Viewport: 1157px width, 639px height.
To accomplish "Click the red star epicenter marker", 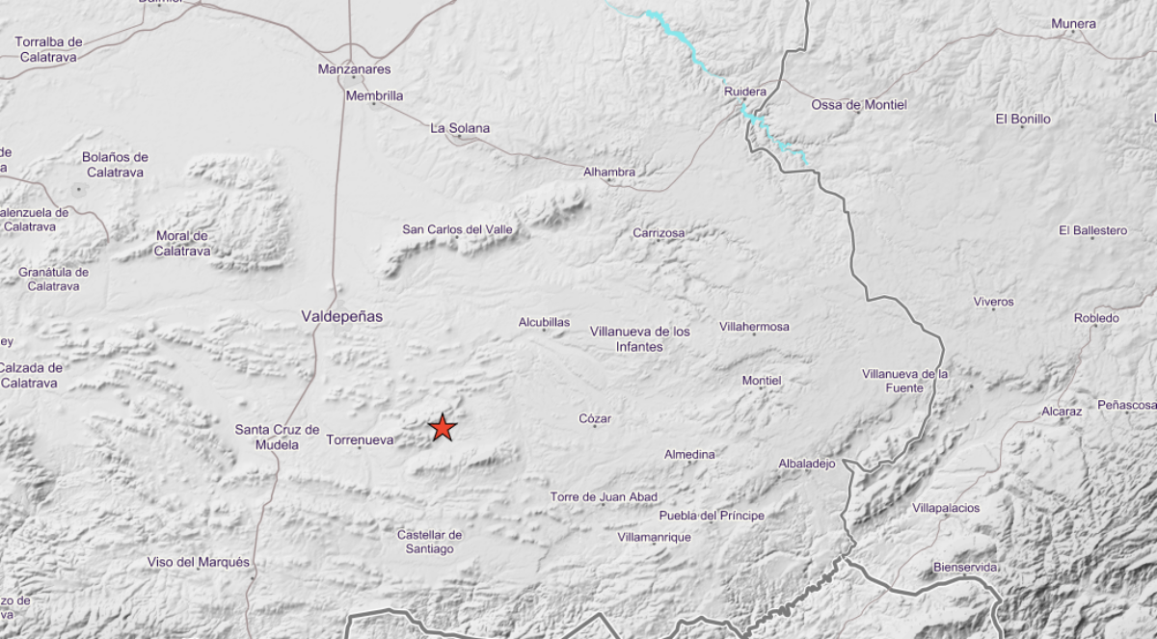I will coord(443,427).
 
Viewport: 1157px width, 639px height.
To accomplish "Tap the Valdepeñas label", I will coord(342,316).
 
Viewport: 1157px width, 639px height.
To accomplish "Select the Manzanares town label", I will coord(355,69).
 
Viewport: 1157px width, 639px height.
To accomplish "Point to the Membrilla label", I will coord(375,95).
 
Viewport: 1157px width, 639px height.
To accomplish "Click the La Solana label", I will coord(460,128).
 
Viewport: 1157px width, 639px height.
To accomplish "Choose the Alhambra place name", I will coord(609,173).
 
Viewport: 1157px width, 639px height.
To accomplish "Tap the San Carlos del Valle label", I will coord(457,229).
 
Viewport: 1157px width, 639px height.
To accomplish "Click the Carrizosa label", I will coord(659,233).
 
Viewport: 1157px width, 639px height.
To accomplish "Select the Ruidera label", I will coord(745,92).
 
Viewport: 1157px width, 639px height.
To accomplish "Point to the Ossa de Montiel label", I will coord(859,104).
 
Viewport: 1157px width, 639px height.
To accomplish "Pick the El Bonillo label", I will coord(1023,120).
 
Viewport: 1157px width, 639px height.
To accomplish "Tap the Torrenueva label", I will coord(361,440).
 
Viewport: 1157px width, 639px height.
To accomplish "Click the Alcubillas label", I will coord(545,323).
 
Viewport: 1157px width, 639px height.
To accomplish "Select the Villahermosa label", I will coord(754,327).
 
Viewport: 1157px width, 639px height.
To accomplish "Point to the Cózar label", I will coord(595,418).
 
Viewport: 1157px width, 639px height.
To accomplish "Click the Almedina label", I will coord(689,454).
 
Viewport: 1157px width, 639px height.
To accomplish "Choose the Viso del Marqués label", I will coord(199,562).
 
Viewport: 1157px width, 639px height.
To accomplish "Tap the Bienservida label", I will coord(965,567).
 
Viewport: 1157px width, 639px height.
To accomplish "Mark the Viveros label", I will coord(993,302).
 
